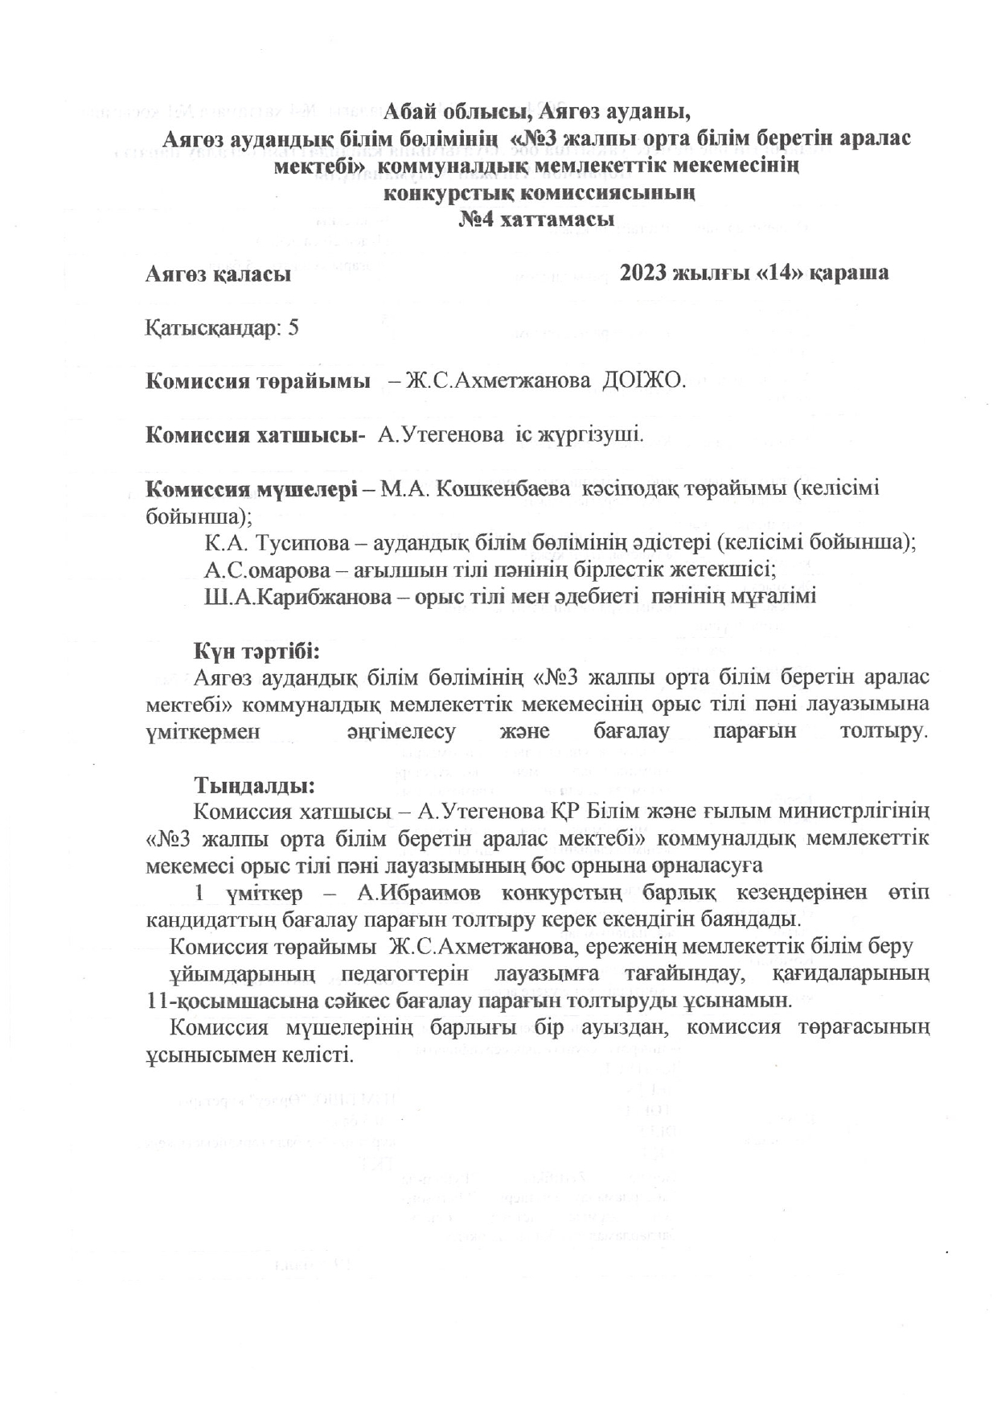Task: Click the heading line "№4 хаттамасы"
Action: [536, 219]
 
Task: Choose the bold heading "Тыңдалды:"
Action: [253, 784]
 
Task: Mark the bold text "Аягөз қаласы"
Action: [218, 274]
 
